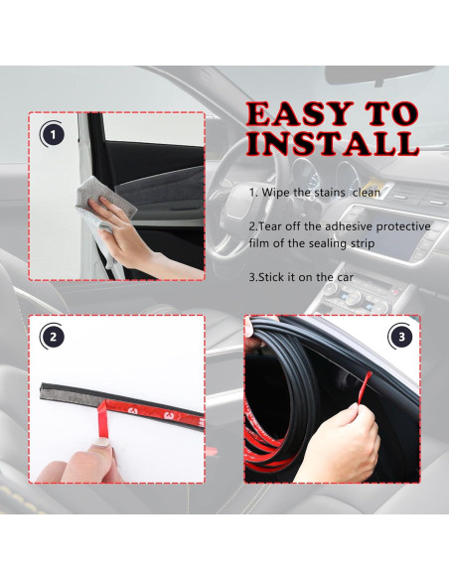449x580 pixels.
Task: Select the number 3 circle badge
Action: pyautogui.click(x=399, y=337)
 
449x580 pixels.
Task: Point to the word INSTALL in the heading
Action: pyautogui.click(x=331, y=143)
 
